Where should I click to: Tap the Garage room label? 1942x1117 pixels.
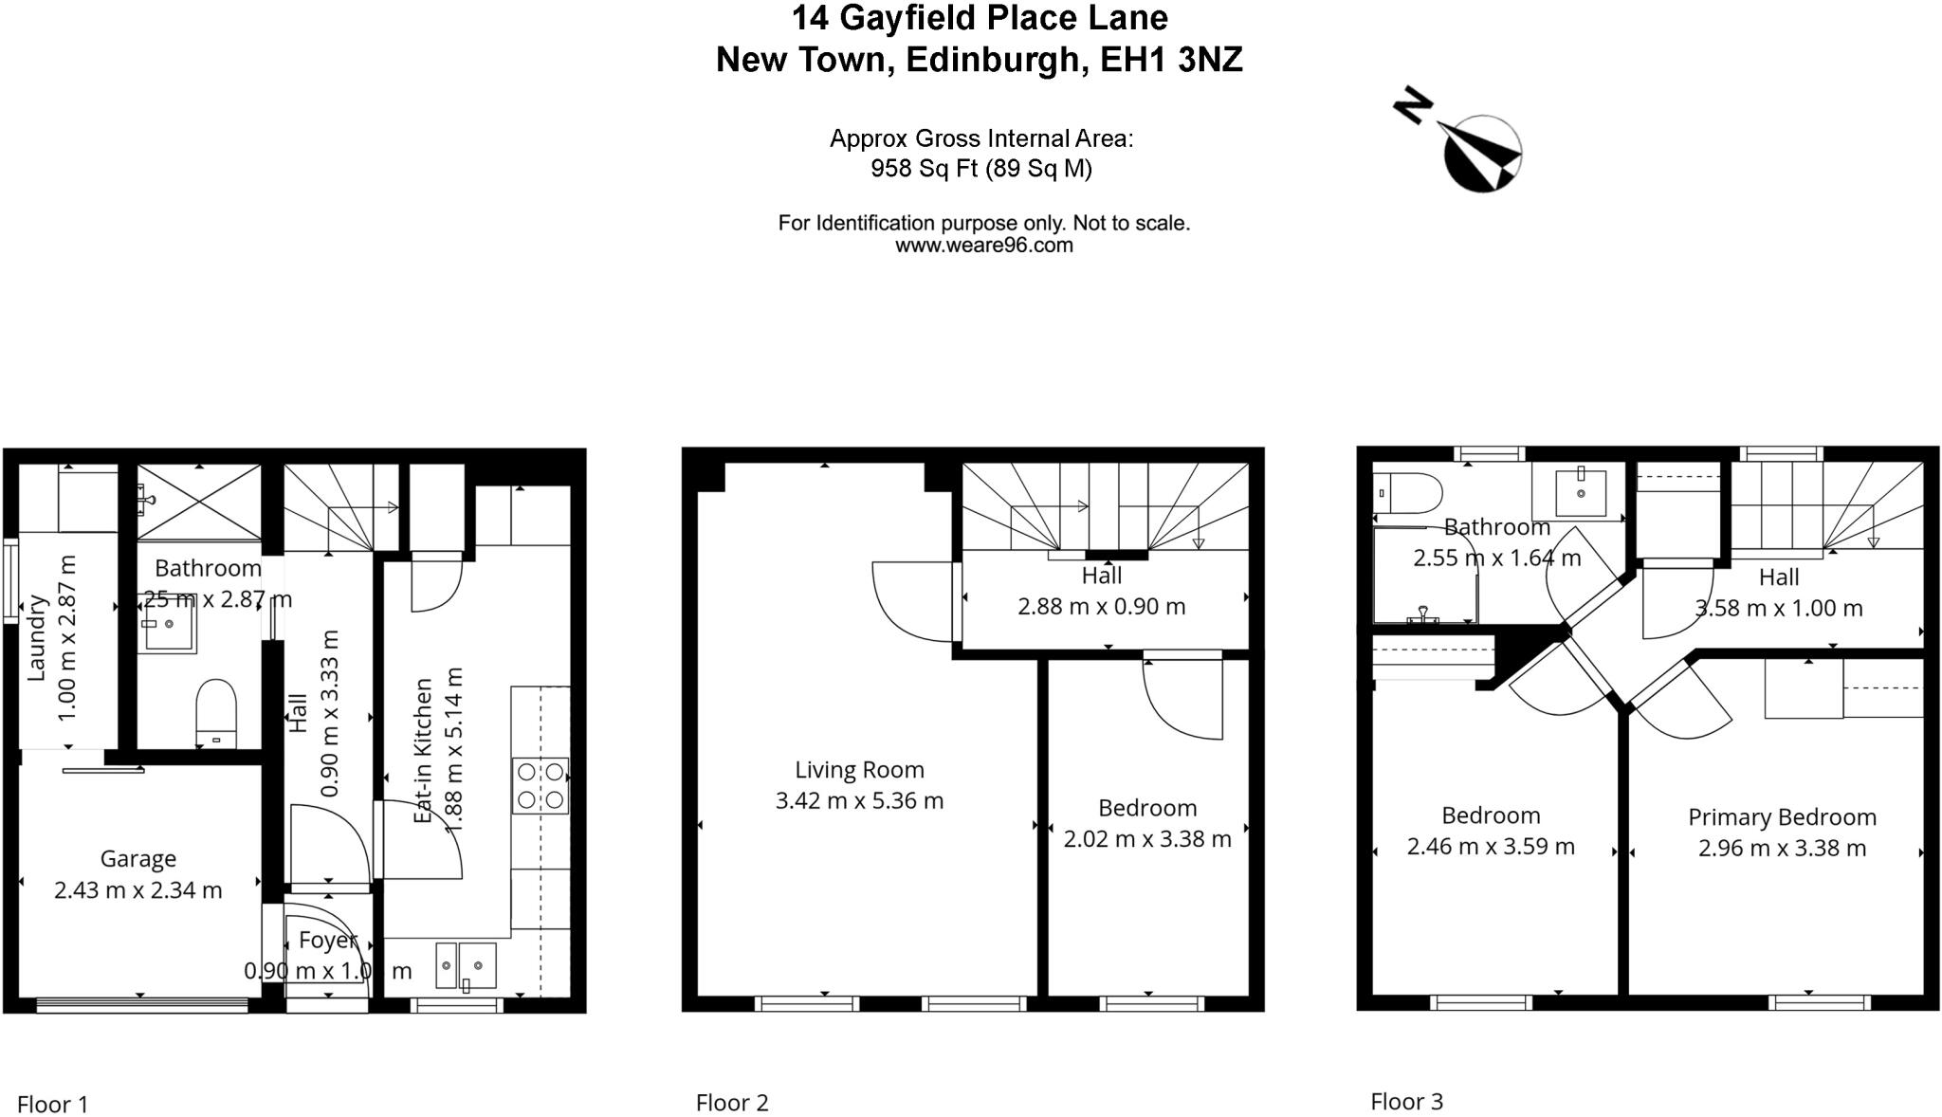tap(138, 859)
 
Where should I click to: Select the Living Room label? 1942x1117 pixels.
tap(859, 770)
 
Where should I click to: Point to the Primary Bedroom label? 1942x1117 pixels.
tap(1782, 817)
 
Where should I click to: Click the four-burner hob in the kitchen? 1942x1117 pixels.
tap(540, 785)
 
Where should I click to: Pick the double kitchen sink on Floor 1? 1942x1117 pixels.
tap(466, 966)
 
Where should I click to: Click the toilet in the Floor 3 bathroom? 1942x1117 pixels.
tap(1409, 493)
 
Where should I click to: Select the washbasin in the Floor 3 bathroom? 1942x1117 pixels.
tap(1581, 493)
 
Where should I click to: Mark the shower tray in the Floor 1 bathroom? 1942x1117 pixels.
tap(199, 502)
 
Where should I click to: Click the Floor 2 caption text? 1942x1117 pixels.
tap(732, 1103)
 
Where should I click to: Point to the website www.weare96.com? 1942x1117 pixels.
tap(983, 246)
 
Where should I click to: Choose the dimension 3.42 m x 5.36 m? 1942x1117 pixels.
tap(859, 801)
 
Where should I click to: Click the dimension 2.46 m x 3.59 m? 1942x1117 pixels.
tap(1491, 847)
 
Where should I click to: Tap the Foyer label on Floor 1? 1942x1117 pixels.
tap(327, 941)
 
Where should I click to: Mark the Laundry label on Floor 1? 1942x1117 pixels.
tap(37, 637)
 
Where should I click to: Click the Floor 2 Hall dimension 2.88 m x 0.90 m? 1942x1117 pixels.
tap(1101, 607)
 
